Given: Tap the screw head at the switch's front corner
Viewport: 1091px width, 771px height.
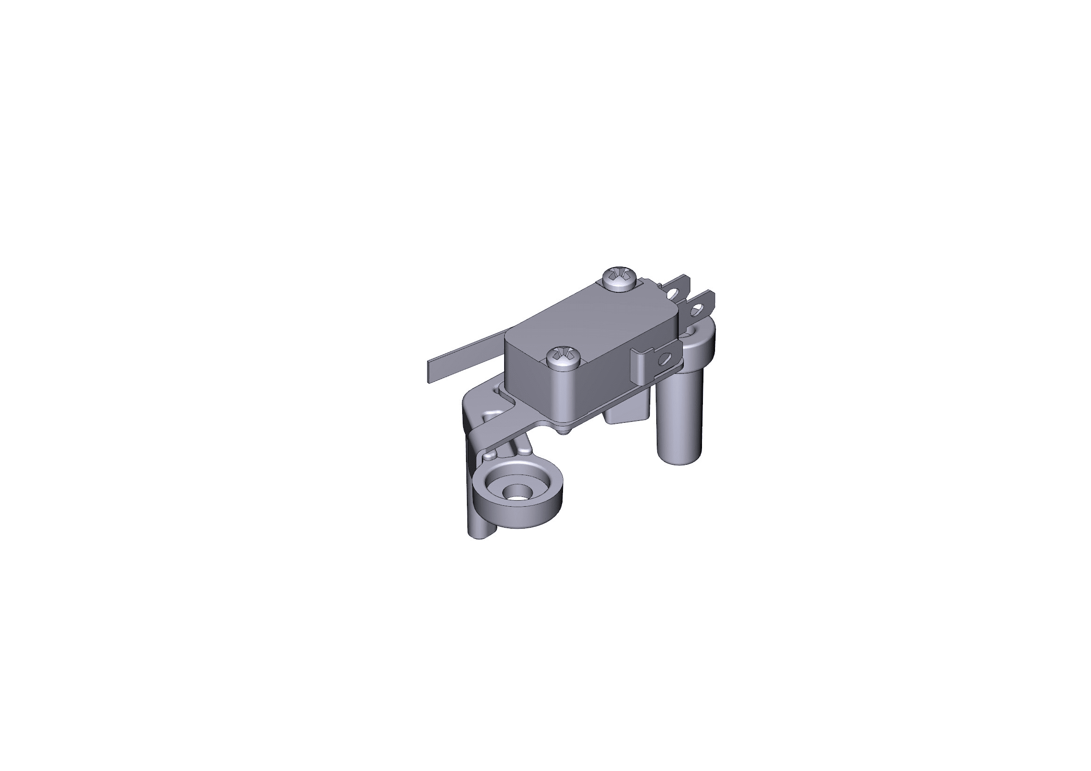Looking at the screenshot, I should point(564,356).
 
